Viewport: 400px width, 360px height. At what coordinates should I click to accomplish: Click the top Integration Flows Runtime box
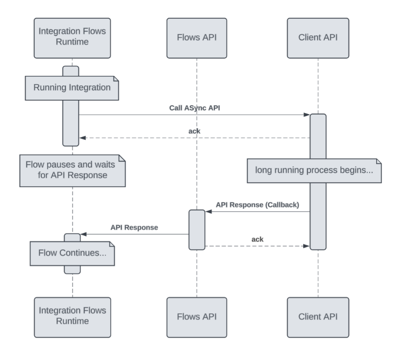(72, 39)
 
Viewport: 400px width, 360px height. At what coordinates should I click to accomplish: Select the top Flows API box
(197, 39)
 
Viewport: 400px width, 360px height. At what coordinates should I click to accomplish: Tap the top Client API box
(318, 39)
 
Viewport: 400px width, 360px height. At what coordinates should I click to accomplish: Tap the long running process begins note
(314, 170)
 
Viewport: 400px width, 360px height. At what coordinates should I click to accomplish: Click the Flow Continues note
(72, 253)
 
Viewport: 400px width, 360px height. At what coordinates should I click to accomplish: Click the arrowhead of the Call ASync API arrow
(307, 115)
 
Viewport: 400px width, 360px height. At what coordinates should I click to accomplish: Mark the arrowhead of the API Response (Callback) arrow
(208, 212)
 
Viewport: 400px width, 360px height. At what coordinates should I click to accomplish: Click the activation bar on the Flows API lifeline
(197, 229)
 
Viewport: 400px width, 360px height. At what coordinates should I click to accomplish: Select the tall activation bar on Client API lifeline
(318, 181)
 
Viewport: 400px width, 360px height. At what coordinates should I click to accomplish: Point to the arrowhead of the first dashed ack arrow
(82, 138)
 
